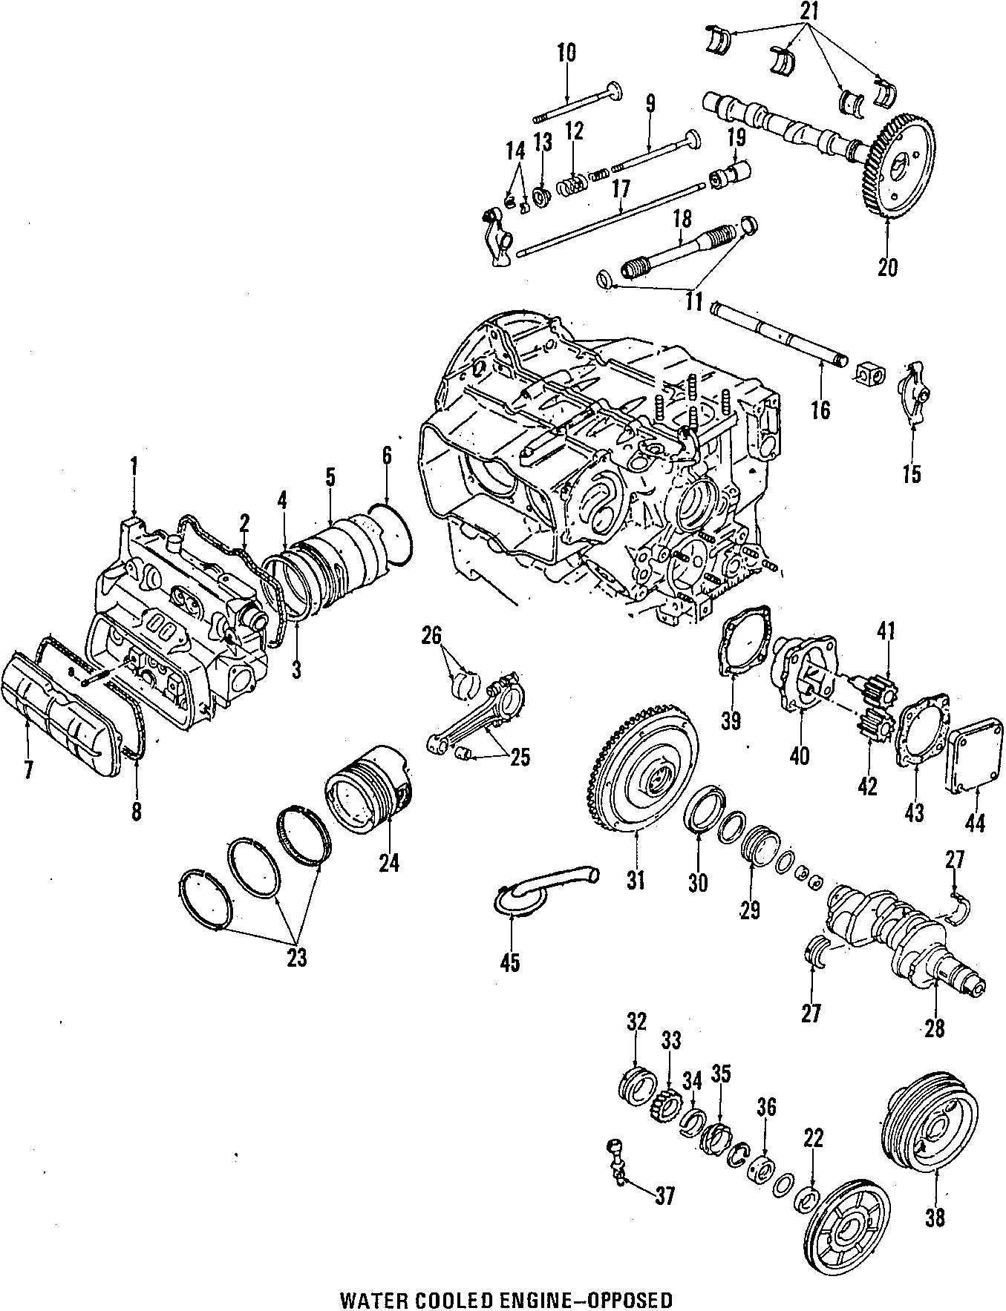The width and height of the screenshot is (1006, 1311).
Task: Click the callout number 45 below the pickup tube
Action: coord(510,962)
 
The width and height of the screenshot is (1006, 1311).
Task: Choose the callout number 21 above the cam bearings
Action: coord(808,11)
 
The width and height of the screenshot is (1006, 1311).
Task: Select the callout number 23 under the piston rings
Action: coord(296,958)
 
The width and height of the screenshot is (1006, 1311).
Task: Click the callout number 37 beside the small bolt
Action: coord(665,1195)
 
